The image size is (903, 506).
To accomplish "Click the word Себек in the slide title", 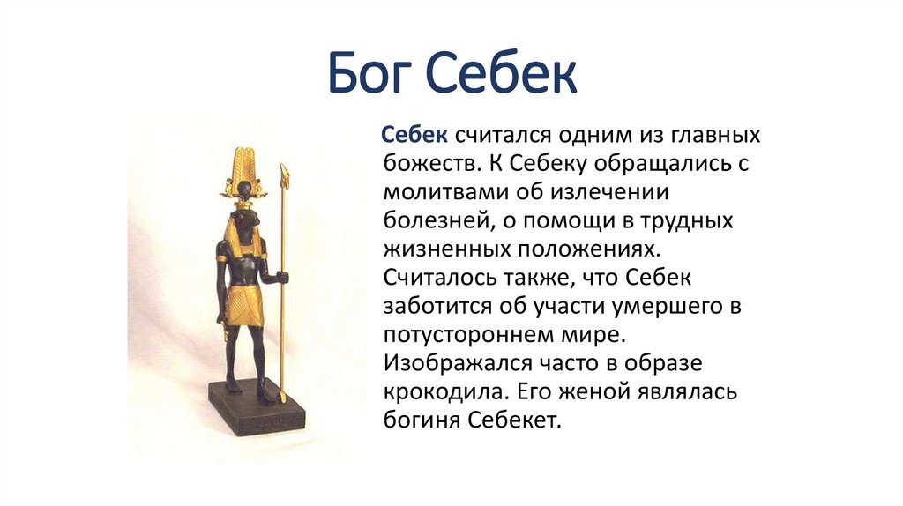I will (504, 75).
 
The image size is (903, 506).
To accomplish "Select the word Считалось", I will (444, 278).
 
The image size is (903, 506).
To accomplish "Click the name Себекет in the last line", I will (519, 420).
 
